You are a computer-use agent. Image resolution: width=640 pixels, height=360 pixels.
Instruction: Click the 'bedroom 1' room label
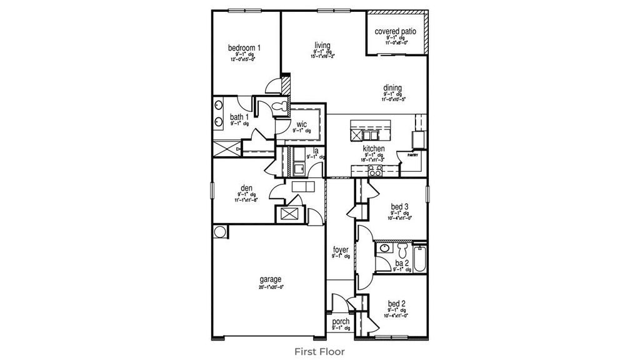point(244,47)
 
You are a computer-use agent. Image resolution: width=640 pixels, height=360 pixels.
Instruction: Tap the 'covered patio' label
point(396,31)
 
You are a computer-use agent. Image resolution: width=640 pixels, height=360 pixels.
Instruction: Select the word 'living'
point(322,45)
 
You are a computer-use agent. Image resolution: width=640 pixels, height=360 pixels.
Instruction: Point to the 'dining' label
point(393,88)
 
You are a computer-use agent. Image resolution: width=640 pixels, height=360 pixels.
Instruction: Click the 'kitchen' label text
point(374,149)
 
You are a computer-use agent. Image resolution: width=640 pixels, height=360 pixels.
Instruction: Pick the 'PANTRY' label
point(412,154)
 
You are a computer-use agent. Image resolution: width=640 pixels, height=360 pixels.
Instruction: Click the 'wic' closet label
point(301,124)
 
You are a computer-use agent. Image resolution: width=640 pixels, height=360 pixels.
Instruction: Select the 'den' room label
point(246,187)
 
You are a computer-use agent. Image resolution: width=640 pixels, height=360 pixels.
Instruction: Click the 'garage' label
point(271,279)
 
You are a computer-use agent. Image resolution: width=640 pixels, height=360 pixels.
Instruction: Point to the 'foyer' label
point(341,250)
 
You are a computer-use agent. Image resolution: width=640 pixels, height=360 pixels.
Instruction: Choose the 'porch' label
point(341,321)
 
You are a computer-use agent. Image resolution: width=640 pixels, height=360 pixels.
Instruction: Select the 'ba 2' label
point(401,264)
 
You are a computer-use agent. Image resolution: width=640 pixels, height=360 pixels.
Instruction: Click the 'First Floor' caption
point(319,352)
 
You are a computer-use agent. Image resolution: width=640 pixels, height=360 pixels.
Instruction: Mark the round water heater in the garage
point(220,232)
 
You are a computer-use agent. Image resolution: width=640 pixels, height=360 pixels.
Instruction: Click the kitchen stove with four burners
point(376,169)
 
